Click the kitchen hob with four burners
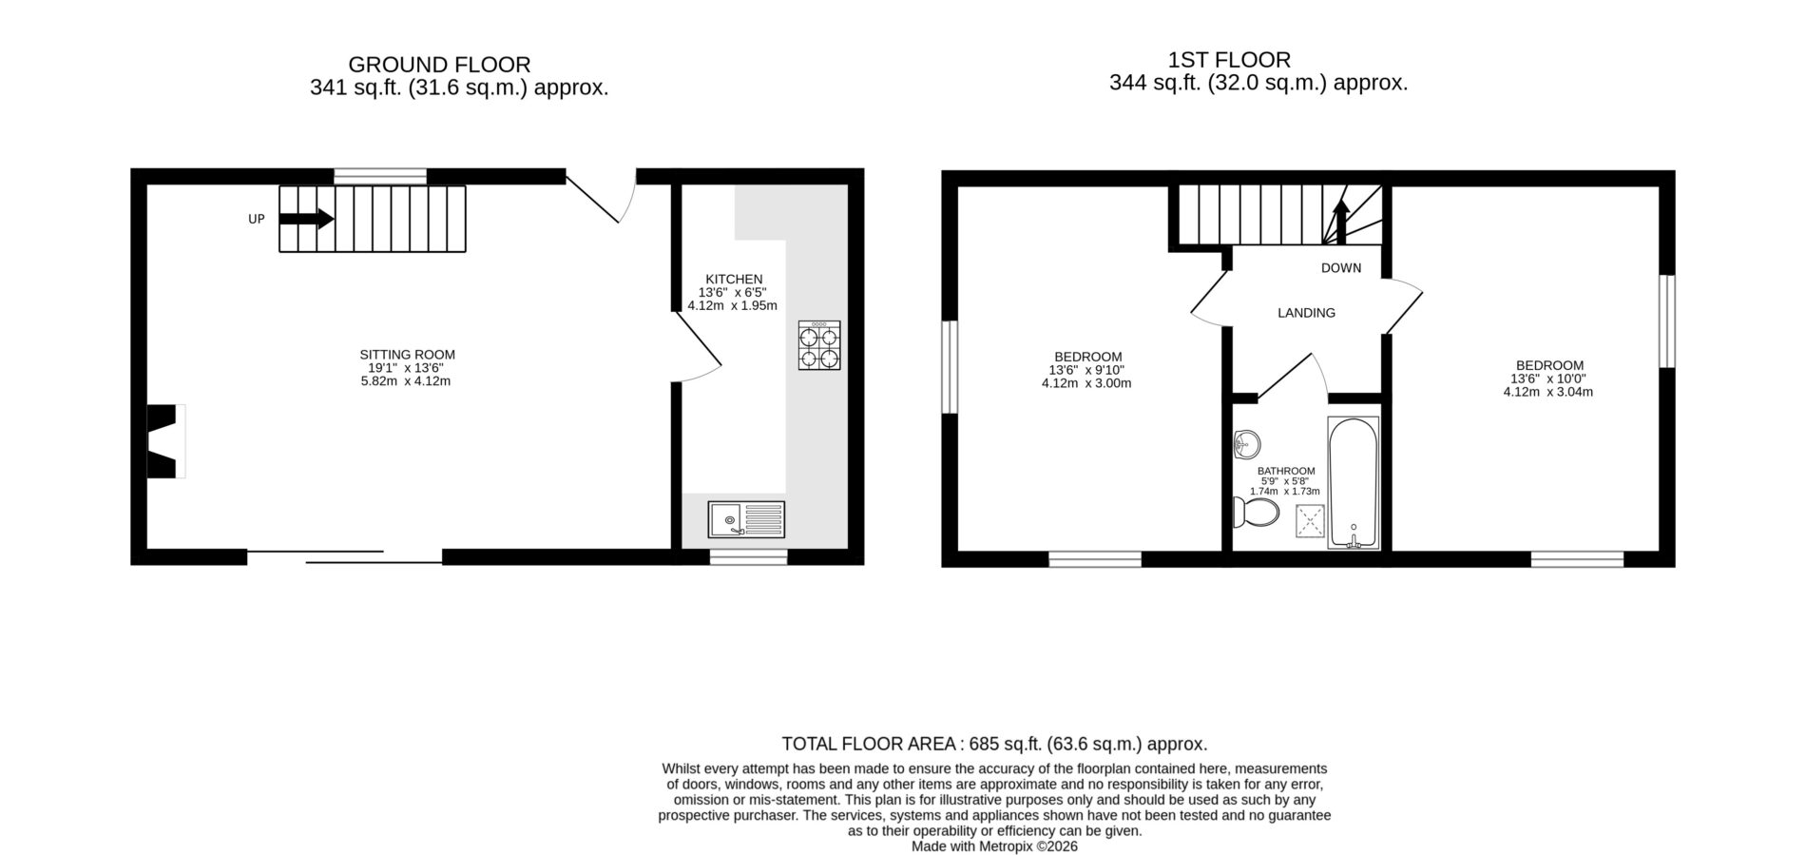tap(819, 345)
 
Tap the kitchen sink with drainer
tap(746, 519)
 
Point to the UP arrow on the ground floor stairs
tap(306, 219)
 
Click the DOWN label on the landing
tap(1341, 268)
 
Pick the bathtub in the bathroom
tap(1354, 483)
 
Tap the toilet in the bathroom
tap(1256, 513)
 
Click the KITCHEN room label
tap(734, 280)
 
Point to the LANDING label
tap(1306, 313)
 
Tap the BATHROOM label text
tap(1286, 471)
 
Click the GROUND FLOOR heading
tap(439, 65)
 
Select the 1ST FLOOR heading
tap(1229, 60)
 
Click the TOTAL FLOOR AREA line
tap(994, 744)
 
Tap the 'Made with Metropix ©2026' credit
tap(994, 845)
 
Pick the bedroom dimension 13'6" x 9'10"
tap(1086, 371)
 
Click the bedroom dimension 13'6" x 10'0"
tap(1549, 379)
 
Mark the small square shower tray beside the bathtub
tap(1310, 522)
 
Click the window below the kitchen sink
tap(749, 557)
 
